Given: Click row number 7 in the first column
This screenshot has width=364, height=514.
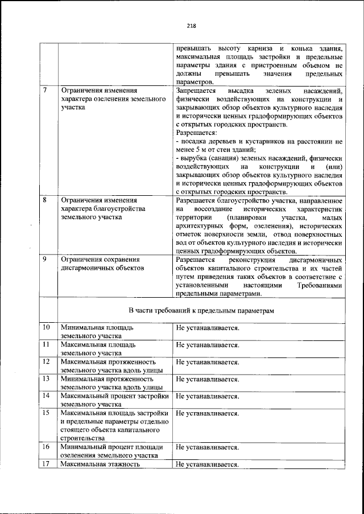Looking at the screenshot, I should (x=45, y=91).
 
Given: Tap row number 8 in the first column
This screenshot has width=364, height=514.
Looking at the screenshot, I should (x=45, y=201).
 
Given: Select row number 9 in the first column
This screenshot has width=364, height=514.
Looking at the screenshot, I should (x=45, y=260).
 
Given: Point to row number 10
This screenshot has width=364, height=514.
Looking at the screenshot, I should (x=47, y=328).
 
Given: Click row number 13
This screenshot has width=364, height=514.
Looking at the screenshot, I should (x=47, y=379).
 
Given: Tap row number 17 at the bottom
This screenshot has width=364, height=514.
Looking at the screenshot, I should (x=47, y=465).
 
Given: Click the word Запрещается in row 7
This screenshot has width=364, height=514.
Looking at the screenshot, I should (x=196, y=91).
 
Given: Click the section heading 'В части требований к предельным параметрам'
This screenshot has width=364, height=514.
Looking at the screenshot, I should (x=201, y=310).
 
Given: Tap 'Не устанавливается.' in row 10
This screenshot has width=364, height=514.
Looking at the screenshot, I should (x=207, y=328).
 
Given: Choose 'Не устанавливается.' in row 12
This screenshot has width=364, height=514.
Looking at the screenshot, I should (x=207, y=361).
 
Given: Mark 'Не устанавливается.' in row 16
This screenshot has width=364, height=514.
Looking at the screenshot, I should (x=207, y=447).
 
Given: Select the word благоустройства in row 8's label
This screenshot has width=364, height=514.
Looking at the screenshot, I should (x=121, y=209).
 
